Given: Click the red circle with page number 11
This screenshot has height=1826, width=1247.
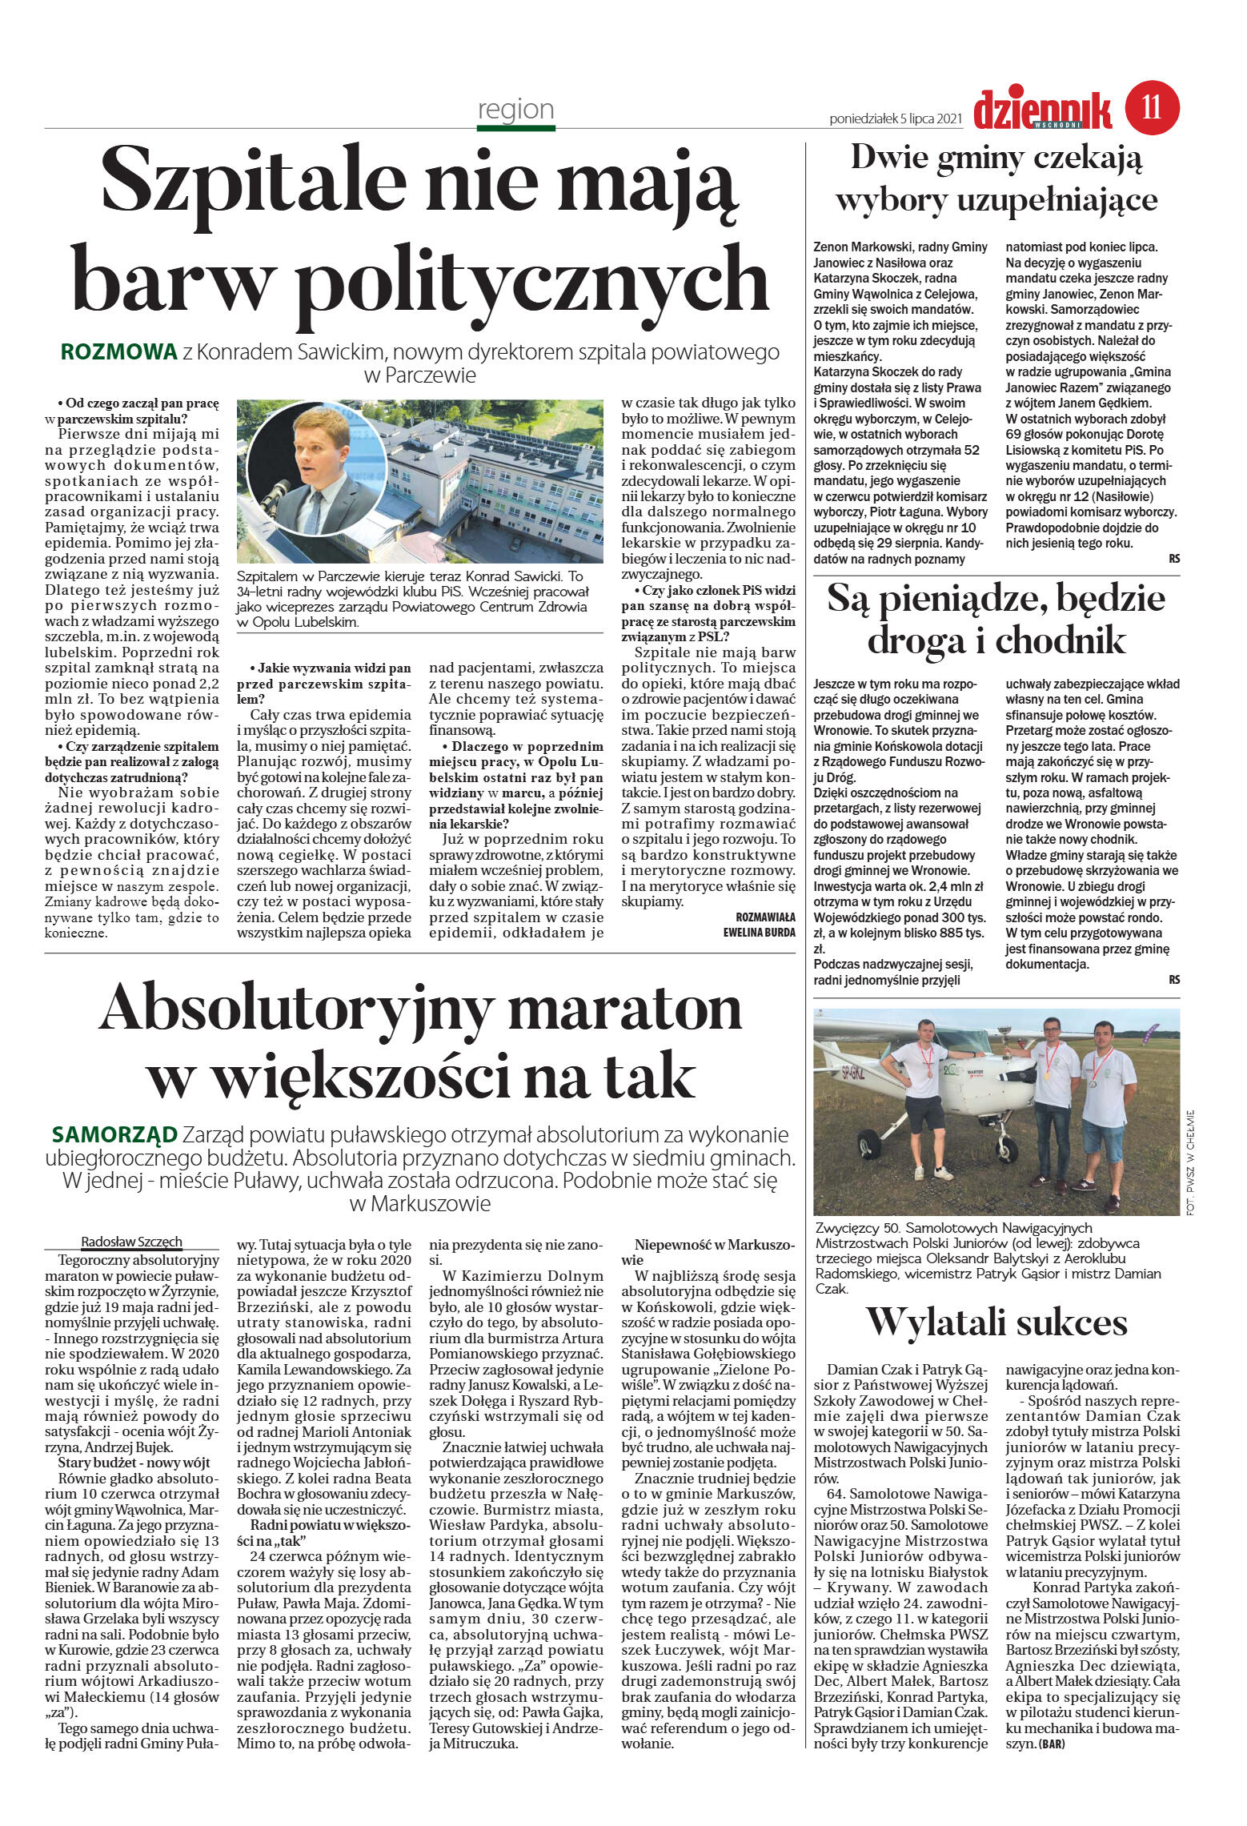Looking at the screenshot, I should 1152,107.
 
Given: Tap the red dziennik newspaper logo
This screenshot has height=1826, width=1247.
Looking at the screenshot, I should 1042,110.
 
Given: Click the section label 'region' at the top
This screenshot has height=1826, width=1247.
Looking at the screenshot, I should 515,109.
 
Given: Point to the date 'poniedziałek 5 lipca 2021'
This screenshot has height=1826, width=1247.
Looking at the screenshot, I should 895,119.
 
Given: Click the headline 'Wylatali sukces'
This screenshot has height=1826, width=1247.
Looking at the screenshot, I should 996,1322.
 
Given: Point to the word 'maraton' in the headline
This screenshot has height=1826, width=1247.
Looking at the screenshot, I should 624,1009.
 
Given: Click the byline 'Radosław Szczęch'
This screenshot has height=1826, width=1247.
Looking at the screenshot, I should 132,1242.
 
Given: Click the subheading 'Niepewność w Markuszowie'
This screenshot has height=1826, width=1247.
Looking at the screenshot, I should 708,1252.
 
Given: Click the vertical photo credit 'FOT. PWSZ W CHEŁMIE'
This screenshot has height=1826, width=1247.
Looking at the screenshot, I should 1190,1162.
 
